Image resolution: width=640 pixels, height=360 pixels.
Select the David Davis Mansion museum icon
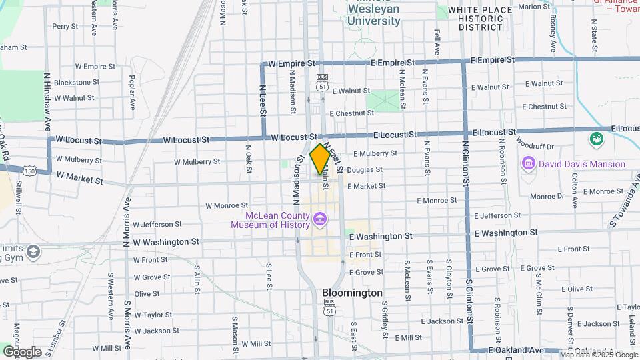pos(529,163)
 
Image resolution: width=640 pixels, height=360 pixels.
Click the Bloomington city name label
pos(352,293)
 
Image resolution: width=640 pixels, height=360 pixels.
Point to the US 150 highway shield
pos(30,171)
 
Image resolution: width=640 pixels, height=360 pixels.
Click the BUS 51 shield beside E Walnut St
pos(323,82)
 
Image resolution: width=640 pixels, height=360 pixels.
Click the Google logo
pos(21,351)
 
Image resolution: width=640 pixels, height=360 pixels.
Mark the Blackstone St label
pos(76,82)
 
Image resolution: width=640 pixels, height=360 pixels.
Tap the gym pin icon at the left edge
pos(33,252)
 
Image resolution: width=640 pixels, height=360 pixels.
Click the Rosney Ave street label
pos(553,37)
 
